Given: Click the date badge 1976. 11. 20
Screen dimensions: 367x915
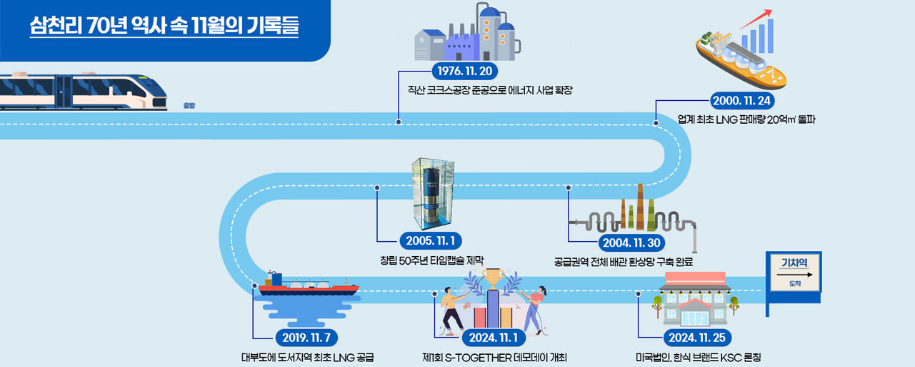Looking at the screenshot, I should coord(464,72).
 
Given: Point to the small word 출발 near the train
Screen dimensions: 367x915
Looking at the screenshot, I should coord(189,106).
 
